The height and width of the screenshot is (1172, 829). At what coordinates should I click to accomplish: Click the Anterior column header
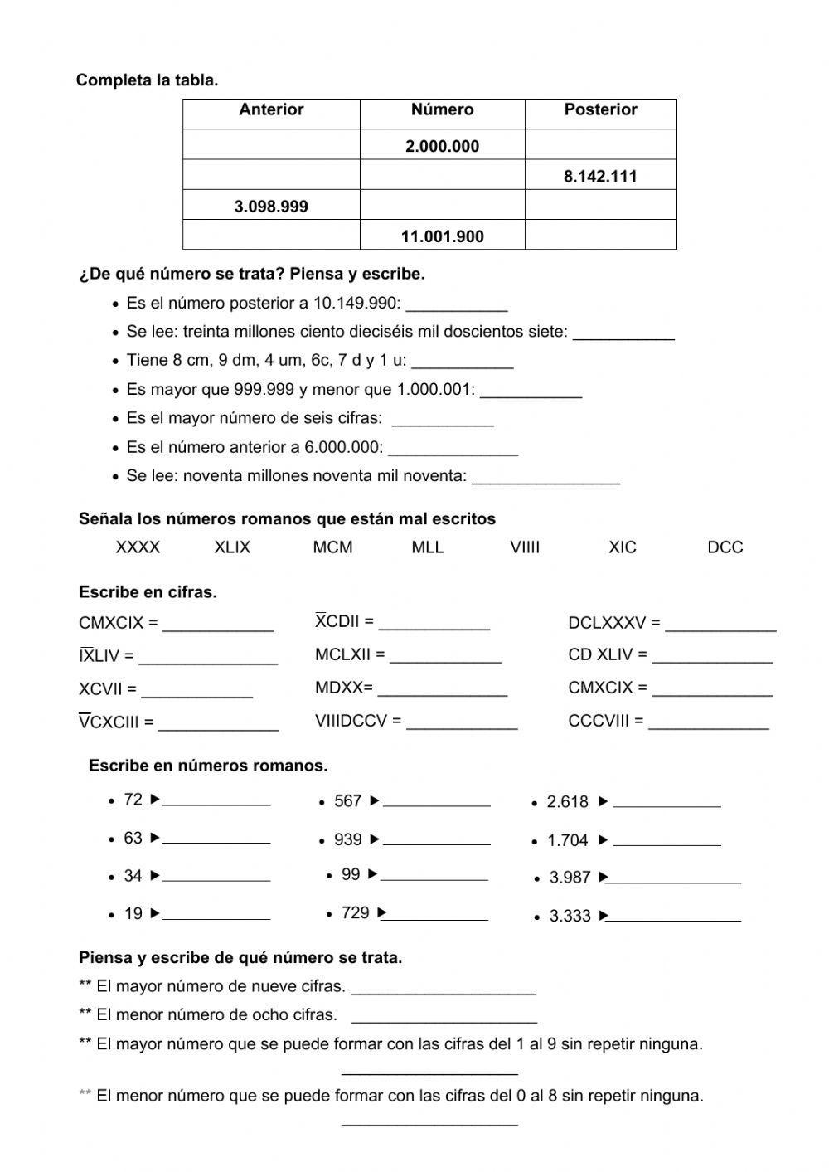pyautogui.click(x=271, y=110)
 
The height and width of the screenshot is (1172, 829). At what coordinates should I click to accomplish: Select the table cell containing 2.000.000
pyautogui.click(x=442, y=147)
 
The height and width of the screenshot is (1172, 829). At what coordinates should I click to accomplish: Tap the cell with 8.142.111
pyautogui.click(x=600, y=177)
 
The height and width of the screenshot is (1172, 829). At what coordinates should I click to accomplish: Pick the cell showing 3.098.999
pyautogui.click(x=271, y=207)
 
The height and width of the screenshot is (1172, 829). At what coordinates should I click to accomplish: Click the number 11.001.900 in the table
pyautogui.click(x=442, y=236)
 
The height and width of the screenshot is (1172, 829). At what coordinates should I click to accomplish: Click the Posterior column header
pyautogui.click(x=600, y=110)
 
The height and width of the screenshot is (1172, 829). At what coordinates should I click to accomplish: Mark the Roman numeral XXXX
pyautogui.click(x=138, y=547)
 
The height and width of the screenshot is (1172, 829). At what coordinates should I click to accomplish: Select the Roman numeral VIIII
pyautogui.click(x=525, y=547)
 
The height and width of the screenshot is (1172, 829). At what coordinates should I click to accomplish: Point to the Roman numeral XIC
pyautogui.click(x=623, y=547)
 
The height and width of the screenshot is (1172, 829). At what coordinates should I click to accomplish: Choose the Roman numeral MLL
pyautogui.click(x=428, y=547)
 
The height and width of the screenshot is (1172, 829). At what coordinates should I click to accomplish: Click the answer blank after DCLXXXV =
pyautogui.click(x=720, y=624)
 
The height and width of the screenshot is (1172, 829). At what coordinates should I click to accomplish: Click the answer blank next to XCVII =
pyautogui.click(x=196, y=690)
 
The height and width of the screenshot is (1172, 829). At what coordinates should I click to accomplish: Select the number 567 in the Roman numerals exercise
pyautogui.click(x=348, y=801)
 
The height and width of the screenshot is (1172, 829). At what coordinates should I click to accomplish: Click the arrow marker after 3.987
pyautogui.click(x=604, y=877)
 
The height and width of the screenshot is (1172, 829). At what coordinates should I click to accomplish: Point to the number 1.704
pyautogui.click(x=568, y=841)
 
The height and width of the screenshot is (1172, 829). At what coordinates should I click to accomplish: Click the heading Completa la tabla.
pyautogui.click(x=148, y=80)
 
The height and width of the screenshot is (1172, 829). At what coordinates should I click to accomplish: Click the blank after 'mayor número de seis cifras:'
pyautogui.click(x=443, y=420)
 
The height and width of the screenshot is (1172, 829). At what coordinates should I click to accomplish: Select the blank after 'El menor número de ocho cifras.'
pyautogui.click(x=444, y=1016)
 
